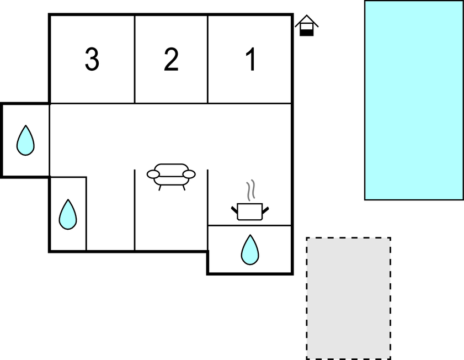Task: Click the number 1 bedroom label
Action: click(251, 59)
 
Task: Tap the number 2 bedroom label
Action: click(171, 59)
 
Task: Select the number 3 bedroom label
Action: click(92, 59)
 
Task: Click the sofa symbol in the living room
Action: click(171, 177)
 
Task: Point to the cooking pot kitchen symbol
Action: click(250, 211)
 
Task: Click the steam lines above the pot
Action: click(250, 190)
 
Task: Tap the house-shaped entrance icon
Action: click(307, 26)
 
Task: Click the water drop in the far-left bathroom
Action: click(25, 140)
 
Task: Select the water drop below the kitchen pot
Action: click(250, 250)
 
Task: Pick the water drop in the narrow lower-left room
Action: click(68, 214)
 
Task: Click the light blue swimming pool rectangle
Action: click(414, 100)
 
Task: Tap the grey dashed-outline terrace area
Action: click(349, 298)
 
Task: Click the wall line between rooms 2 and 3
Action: click(135, 59)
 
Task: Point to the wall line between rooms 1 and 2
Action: click(208, 59)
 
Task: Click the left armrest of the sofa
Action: click(153, 174)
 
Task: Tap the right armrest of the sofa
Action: click(189, 174)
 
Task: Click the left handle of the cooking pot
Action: click(234, 210)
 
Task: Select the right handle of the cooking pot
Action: click(265, 210)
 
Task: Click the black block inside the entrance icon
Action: click(307, 33)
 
